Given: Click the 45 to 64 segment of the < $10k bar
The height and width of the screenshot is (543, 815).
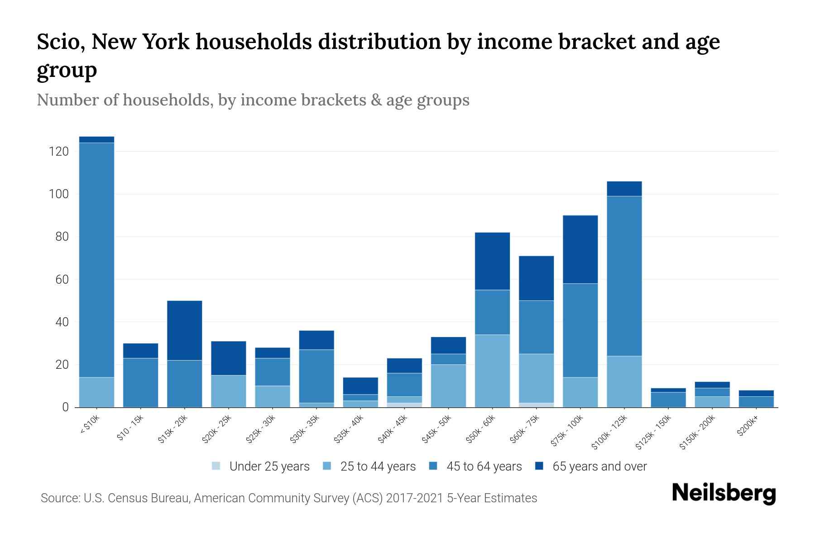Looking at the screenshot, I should click(96, 260).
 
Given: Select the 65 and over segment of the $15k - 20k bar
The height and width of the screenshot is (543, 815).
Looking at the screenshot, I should click(184, 330).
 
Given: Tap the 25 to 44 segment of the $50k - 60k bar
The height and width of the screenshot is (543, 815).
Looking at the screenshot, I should click(492, 371).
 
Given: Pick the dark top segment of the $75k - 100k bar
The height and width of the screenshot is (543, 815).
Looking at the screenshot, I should click(580, 249).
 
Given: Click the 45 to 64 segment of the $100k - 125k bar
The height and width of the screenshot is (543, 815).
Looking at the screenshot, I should click(624, 276).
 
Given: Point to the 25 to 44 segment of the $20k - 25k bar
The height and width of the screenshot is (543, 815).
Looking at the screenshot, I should click(228, 391).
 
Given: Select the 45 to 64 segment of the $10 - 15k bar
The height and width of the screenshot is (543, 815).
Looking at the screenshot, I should click(140, 383).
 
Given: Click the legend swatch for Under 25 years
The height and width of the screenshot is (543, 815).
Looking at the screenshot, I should click(216, 466).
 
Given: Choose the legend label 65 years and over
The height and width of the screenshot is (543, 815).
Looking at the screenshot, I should click(599, 467).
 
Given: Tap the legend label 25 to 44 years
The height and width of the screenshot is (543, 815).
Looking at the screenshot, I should click(378, 467).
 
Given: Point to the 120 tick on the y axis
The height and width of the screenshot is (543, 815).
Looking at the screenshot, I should click(59, 152).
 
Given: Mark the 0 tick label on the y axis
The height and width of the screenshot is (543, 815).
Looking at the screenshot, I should click(65, 407).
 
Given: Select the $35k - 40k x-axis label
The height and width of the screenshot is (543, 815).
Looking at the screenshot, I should click(349, 429).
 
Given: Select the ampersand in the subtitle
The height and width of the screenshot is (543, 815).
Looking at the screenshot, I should click(375, 100).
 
